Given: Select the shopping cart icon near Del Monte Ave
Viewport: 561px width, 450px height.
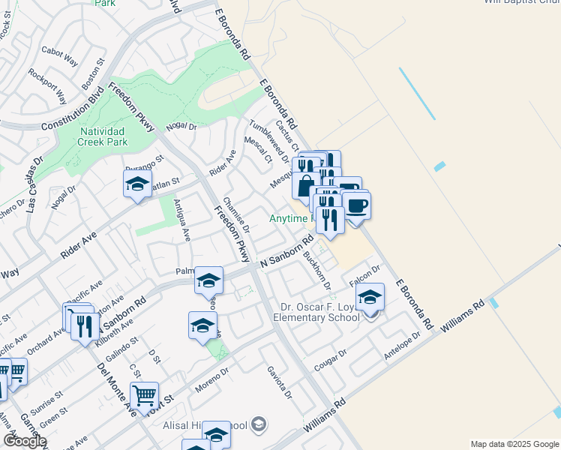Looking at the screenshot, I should click(x=144, y=395).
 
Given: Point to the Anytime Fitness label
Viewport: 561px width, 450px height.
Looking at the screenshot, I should click(x=288, y=218).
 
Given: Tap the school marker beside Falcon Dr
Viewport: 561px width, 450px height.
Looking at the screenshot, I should click(x=370, y=298).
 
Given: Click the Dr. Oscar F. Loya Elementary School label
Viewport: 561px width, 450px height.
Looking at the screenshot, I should click(x=319, y=312).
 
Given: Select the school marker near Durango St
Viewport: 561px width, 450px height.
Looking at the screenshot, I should click(x=137, y=184).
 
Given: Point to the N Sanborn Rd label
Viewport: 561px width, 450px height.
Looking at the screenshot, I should click(x=286, y=253).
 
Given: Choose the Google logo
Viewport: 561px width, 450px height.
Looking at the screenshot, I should click(x=25, y=441).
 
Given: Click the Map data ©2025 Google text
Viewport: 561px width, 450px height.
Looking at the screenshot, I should click(x=514, y=444).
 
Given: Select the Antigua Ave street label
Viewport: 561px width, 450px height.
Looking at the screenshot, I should click(x=182, y=220).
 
